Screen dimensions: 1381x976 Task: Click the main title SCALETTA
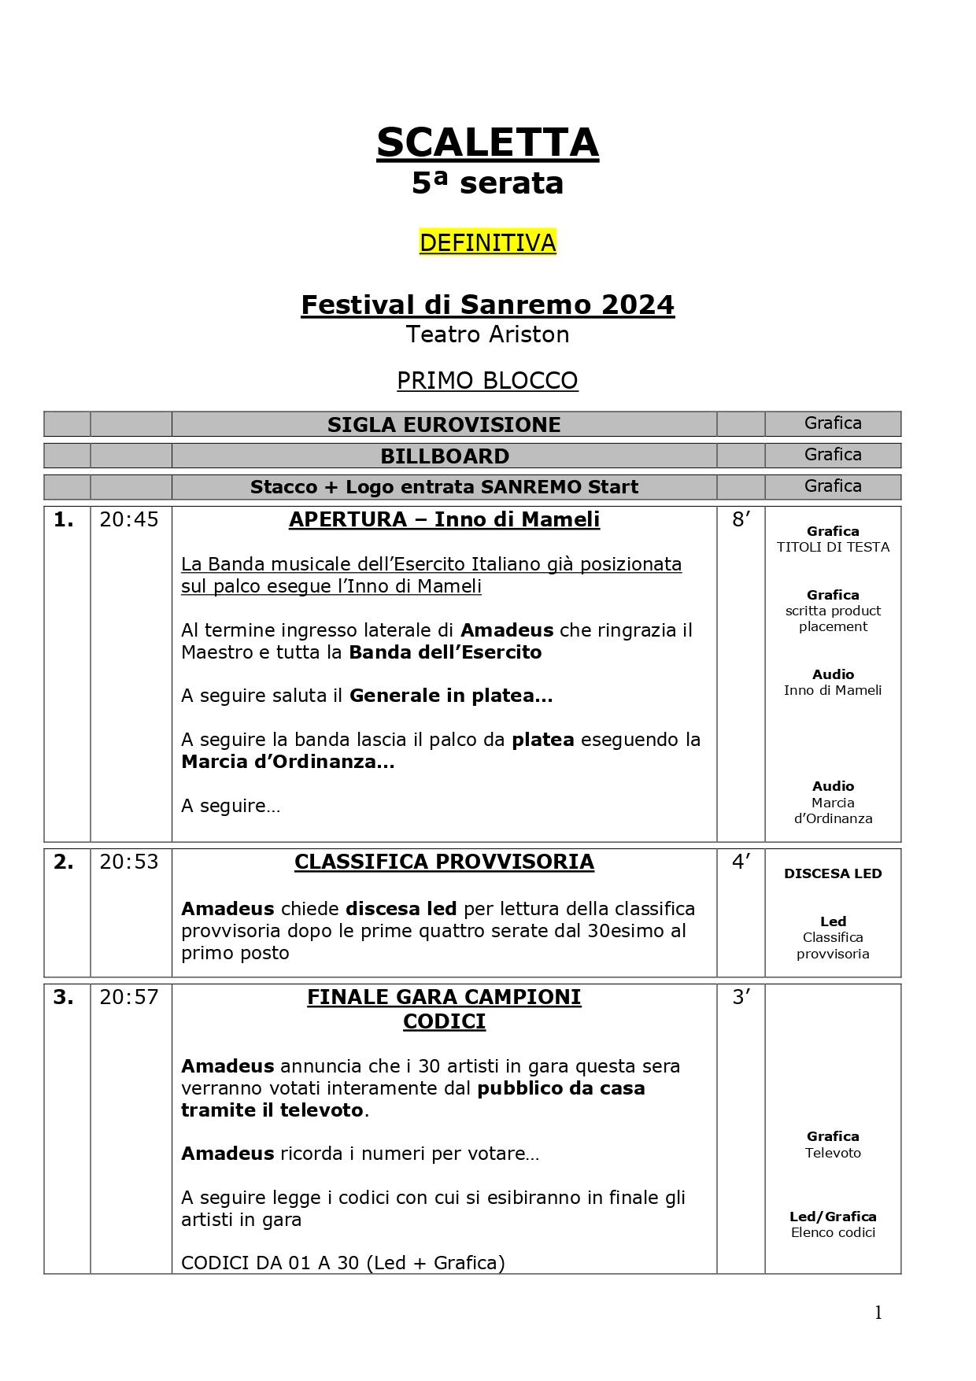pyautogui.click(x=487, y=143)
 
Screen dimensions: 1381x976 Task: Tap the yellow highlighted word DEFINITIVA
pyautogui.click(x=487, y=242)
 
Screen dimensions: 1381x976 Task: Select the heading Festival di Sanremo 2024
pyautogui.click(x=487, y=305)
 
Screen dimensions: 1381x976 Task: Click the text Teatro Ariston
pyautogui.click(x=487, y=334)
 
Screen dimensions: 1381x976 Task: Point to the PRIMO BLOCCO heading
pyautogui.click(x=487, y=381)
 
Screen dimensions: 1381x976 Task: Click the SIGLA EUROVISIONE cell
pyautogui.click(x=444, y=424)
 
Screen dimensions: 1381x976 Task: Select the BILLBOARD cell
pyautogui.click(x=444, y=456)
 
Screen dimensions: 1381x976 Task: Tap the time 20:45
pyautogui.click(x=129, y=519)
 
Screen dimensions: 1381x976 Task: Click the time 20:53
pyautogui.click(x=129, y=862)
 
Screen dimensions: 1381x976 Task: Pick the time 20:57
pyautogui.click(x=129, y=997)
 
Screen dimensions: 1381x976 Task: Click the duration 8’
pyautogui.click(x=741, y=519)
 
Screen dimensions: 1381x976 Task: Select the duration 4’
pyautogui.click(x=741, y=862)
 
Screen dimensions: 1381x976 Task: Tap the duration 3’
pyautogui.click(x=741, y=997)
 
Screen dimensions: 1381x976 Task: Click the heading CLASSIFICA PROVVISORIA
pyautogui.click(x=444, y=862)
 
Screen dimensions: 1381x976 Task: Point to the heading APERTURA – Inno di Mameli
pyautogui.click(x=444, y=519)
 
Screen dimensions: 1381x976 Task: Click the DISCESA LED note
pyautogui.click(x=833, y=873)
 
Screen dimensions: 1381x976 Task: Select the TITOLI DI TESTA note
pyautogui.click(x=833, y=547)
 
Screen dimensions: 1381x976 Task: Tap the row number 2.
pyautogui.click(x=64, y=862)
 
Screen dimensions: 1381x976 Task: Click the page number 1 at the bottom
pyautogui.click(x=878, y=1313)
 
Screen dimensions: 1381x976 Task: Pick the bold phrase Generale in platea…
pyautogui.click(x=450, y=696)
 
